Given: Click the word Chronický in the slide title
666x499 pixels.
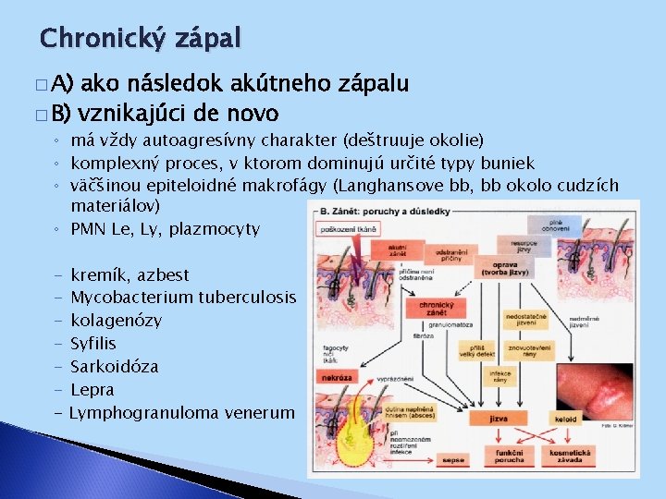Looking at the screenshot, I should [101, 38].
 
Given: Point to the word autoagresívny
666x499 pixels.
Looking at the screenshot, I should [196, 140].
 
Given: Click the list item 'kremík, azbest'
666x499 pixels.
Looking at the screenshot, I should [129, 274].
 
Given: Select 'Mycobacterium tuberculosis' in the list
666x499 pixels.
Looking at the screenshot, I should [183, 298].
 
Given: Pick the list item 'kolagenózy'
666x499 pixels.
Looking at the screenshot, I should [116, 321].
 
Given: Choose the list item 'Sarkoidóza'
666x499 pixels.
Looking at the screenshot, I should [114, 367].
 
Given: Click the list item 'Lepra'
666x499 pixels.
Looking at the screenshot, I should [92, 390].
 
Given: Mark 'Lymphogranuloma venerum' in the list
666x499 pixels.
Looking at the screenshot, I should [181, 413].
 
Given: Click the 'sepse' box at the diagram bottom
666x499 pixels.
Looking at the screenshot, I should [453, 458].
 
